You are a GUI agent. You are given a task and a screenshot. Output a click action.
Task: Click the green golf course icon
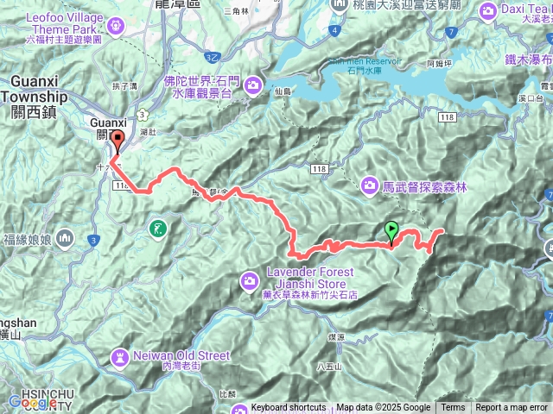click(156, 229)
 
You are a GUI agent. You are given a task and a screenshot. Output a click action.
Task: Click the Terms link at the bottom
click(453, 408)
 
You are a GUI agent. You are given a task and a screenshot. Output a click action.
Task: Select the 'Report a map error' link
click(512, 408)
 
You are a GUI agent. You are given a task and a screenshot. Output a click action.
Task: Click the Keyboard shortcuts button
click(289, 408)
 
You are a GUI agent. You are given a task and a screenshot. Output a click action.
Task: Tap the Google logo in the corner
click(32, 402)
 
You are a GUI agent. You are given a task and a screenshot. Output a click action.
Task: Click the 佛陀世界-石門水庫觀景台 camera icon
click(253, 85)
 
